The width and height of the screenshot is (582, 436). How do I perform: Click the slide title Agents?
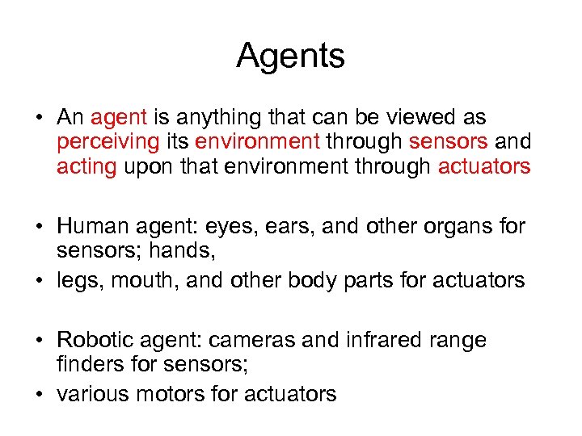pos(291,57)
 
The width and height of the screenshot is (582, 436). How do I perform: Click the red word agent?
pos(119,118)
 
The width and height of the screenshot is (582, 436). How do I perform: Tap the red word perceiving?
pos(108,142)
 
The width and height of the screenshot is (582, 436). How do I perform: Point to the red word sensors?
pos(448,142)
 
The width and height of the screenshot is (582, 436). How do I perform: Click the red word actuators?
pos(484,166)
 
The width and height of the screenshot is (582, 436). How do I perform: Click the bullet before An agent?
pos(38,119)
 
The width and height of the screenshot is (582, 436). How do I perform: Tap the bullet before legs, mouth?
pos(38,281)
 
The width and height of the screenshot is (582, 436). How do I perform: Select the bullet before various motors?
pos(38,394)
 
